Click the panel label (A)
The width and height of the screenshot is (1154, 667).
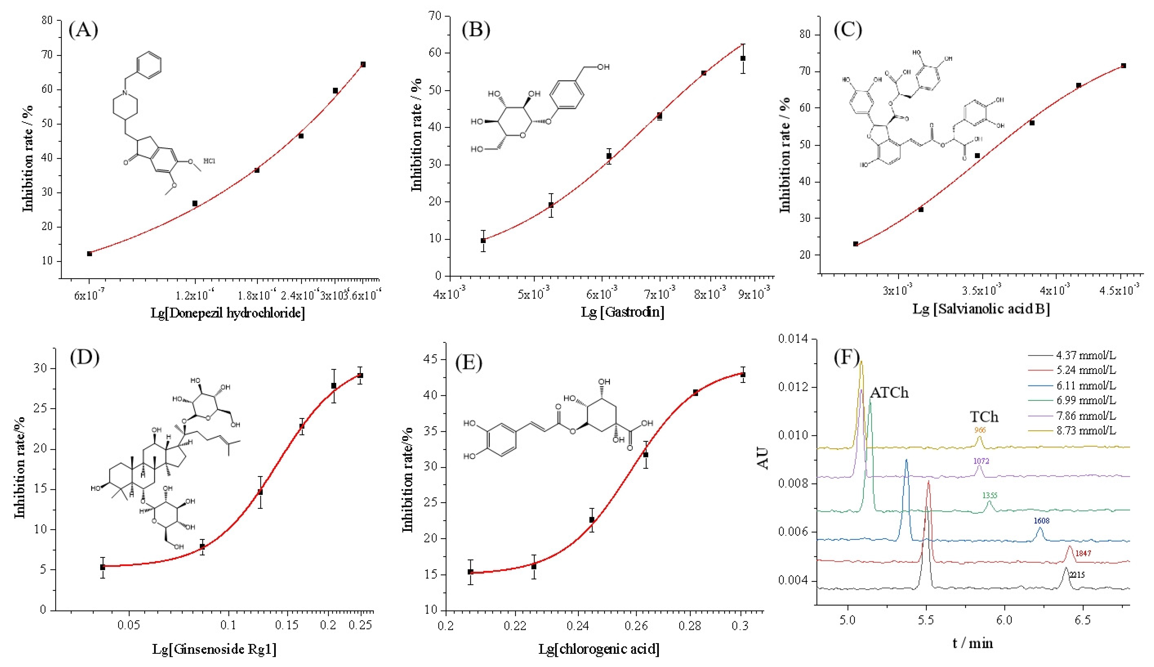click(83, 30)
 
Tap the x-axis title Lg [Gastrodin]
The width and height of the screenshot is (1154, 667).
click(623, 312)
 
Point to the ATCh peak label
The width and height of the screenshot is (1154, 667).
click(889, 393)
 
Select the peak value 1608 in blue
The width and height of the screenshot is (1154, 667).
click(1041, 521)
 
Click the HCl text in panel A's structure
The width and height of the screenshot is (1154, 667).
click(209, 161)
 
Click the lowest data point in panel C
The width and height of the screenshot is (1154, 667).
click(855, 244)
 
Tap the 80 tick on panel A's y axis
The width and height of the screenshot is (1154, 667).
click(47, 20)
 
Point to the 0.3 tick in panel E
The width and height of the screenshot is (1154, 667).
click(740, 626)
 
